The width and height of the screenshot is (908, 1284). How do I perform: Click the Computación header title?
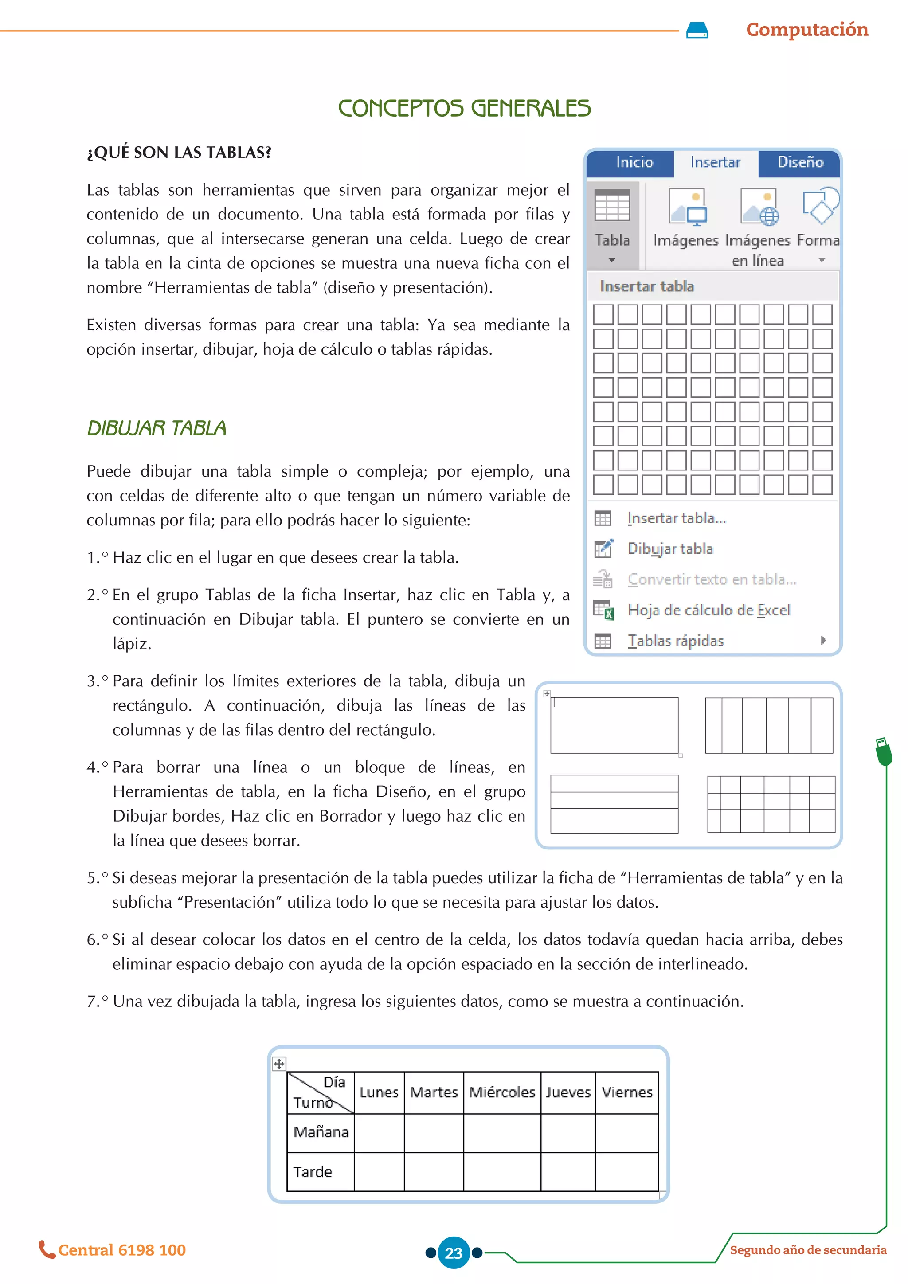[x=807, y=30]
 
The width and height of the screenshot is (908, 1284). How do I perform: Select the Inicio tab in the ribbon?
[x=634, y=162]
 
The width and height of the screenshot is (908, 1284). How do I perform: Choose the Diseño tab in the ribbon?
[x=800, y=162]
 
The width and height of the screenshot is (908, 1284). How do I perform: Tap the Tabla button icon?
[x=612, y=206]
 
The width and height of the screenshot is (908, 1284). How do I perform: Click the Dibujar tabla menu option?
[x=670, y=548]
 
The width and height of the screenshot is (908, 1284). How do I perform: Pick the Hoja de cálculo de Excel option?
[x=708, y=610]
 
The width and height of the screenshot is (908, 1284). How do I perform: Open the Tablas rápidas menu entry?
[x=675, y=641]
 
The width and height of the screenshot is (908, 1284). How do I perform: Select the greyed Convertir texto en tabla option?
[x=711, y=579]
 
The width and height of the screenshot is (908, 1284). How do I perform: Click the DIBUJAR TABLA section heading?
[x=157, y=428]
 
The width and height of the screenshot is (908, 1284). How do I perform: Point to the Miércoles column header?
[x=501, y=1092]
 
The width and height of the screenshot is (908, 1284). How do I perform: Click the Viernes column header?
[x=627, y=1092]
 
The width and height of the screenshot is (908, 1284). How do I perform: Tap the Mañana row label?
[x=321, y=1132]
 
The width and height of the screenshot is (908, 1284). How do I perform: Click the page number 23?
[x=454, y=1253]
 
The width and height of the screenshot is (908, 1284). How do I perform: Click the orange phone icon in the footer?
[x=47, y=1249]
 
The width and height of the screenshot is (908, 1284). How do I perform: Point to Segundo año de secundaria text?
[x=808, y=1250]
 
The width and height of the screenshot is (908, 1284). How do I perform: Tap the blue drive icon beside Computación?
[x=697, y=30]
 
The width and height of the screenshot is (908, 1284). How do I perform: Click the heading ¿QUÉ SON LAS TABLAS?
[x=179, y=152]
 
